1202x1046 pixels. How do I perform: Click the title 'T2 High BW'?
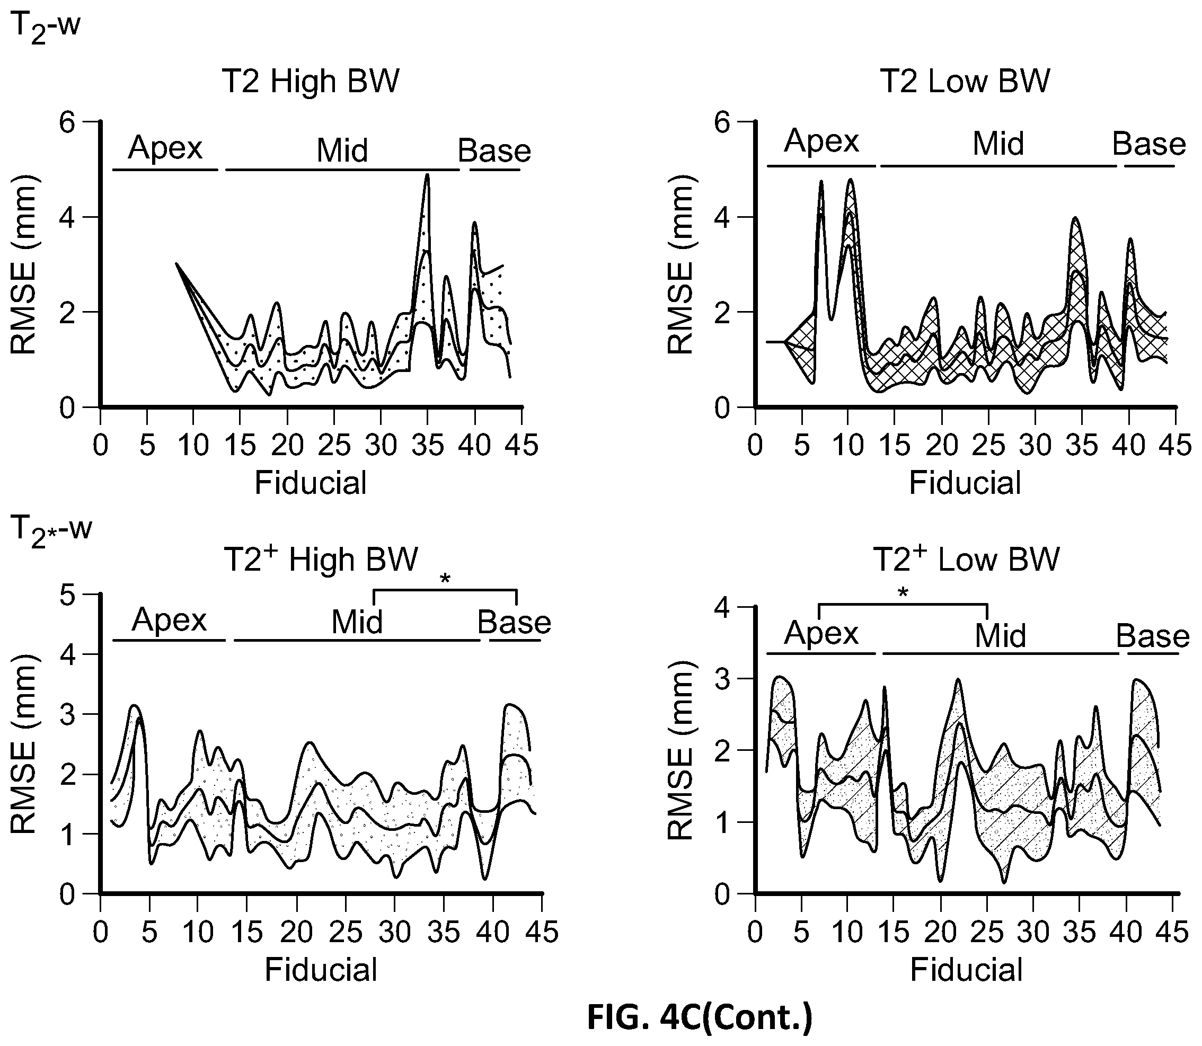pyautogui.click(x=311, y=82)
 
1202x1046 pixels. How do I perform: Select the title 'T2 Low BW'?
pyautogui.click(x=965, y=82)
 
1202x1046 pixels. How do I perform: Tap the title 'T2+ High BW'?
pyautogui.click(x=321, y=559)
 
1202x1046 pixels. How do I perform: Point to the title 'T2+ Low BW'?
pyautogui.click(x=966, y=559)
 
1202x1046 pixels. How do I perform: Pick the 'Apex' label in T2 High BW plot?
pyautogui.click(x=165, y=148)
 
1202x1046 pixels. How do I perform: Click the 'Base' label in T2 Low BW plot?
pyautogui.click(x=1149, y=144)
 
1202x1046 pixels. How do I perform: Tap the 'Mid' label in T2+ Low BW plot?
pyautogui.click(x=1000, y=636)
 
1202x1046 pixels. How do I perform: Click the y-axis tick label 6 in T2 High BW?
pyautogui.click(x=69, y=122)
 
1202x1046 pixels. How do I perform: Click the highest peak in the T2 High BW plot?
pyautogui.click(x=428, y=174)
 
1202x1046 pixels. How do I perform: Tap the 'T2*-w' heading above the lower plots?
pyautogui.click(x=51, y=531)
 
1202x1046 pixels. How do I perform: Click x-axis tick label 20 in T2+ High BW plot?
pyautogui.click(x=297, y=932)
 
